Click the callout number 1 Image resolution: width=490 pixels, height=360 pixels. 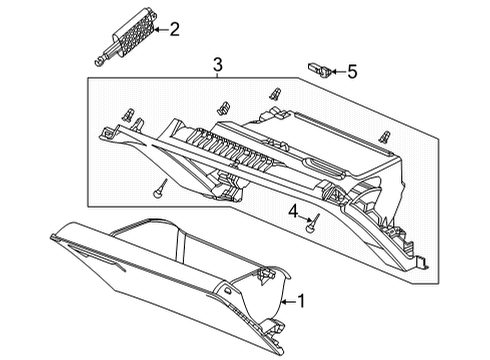coord(301,301)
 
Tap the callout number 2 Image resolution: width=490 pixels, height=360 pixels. coord(175,29)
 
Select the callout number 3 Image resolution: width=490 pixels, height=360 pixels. coord(217,64)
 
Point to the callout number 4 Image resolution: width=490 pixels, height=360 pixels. coord(293,211)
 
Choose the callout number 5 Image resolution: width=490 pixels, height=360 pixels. coord(352,72)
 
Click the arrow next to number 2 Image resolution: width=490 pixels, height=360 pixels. coord(162,30)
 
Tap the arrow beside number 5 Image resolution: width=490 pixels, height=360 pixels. coord(338,71)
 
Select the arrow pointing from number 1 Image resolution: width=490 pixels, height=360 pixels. coord(289,302)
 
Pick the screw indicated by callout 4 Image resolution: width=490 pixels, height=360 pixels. coord(313,224)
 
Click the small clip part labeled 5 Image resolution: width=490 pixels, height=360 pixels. coord(319,69)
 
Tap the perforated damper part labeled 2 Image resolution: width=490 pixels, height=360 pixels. coord(136,34)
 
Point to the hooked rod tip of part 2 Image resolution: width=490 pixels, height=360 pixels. coord(98,62)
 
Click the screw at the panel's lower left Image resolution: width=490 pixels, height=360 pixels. coord(160,189)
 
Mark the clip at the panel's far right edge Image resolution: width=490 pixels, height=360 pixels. coord(385,137)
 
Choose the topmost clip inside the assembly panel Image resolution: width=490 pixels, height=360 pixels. coord(275,94)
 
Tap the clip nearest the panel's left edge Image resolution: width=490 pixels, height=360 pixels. coord(128,115)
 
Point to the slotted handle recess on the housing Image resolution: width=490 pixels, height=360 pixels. coord(325,166)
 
